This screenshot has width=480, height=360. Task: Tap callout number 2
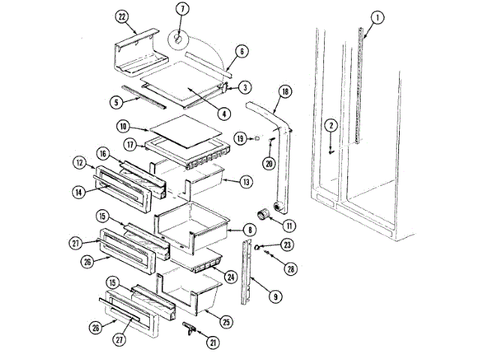click(x=331, y=125)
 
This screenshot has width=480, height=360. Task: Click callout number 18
click(x=284, y=91)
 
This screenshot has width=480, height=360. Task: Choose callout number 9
click(x=277, y=296)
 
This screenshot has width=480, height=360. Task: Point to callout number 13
click(x=245, y=181)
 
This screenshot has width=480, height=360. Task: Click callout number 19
click(x=240, y=139)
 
